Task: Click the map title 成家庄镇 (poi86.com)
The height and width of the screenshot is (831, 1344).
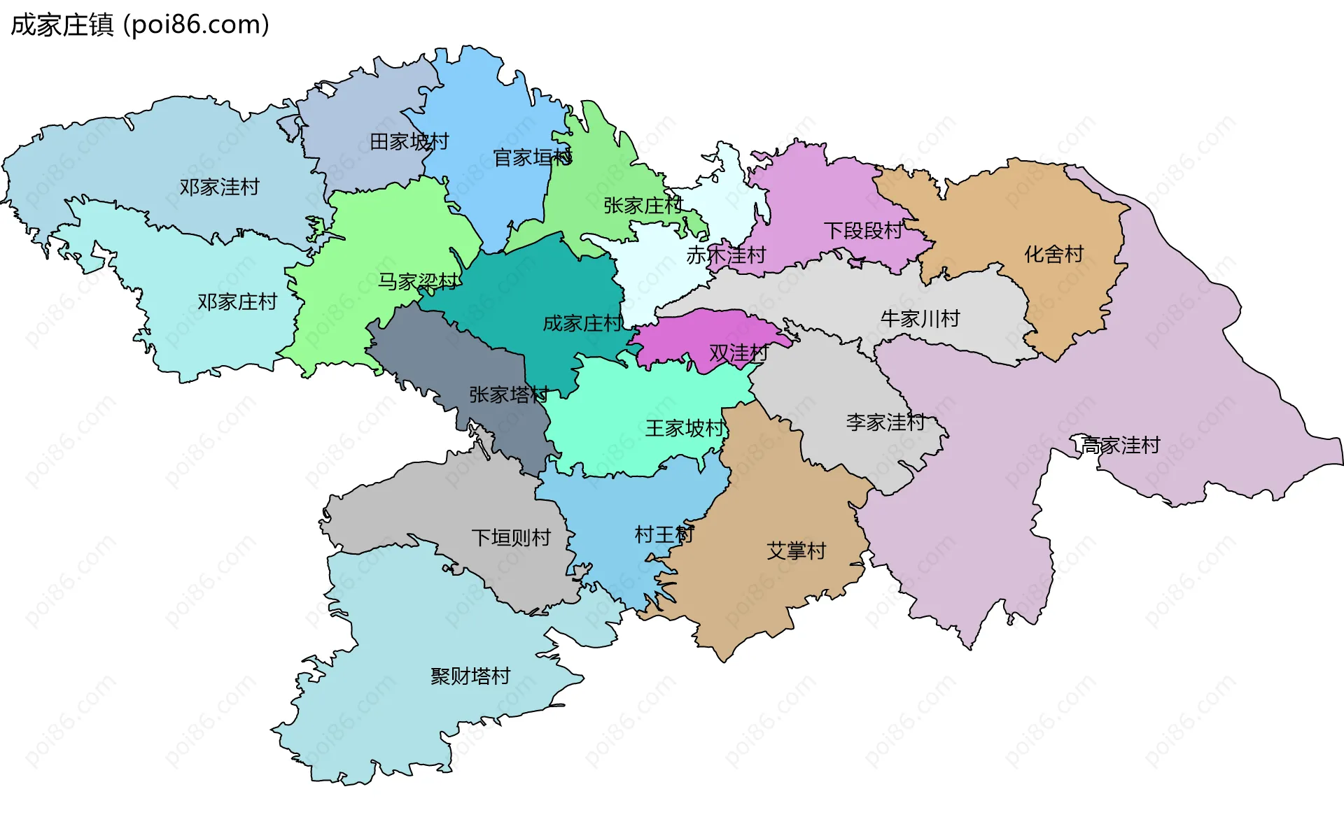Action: tap(140, 25)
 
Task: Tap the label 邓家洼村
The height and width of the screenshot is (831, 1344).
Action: tap(219, 187)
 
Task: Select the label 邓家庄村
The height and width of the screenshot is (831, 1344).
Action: tap(237, 302)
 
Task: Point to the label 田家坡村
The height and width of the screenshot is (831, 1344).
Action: tap(409, 142)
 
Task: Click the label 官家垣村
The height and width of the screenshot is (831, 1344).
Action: tap(533, 158)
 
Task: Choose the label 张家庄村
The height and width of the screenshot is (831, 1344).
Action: tap(643, 206)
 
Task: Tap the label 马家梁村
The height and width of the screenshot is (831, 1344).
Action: tap(418, 282)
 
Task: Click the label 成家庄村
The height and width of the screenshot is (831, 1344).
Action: tap(582, 324)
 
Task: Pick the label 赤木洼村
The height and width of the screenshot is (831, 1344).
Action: tap(726, 255)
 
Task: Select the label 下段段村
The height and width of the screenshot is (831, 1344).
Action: tap(863, 231)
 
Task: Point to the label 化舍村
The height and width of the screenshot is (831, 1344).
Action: tap(1053, 255)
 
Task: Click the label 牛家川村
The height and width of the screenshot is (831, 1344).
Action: tap(920, 320)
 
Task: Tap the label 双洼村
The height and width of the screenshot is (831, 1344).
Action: tap(738, 354)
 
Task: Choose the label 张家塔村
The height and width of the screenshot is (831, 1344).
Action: tap(509, 395)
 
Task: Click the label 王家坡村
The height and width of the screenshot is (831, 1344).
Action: tap(685, 428)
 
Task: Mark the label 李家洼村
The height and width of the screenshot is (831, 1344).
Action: tap(885, 422)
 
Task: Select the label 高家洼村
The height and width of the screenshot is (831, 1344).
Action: tap(1121, 446)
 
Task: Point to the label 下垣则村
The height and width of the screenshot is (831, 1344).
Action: tap(511, 538)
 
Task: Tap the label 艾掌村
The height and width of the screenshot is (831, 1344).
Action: tap(796, 551)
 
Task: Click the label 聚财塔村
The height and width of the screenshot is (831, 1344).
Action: tap(470, 676)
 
